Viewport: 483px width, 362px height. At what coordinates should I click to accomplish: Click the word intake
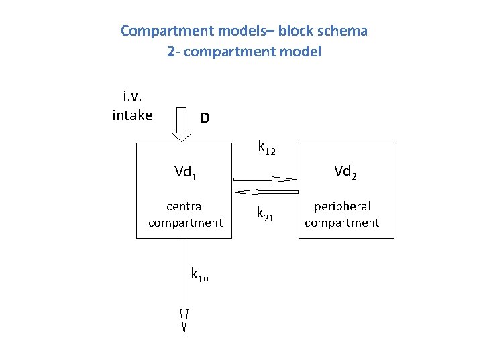click(x=132, y=115)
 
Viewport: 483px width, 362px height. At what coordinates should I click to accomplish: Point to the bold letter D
click(x=205, y=118)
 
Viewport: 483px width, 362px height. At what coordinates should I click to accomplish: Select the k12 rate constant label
click(x=267, y=147)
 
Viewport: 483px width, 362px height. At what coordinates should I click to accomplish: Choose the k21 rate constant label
click(x=265, y=214)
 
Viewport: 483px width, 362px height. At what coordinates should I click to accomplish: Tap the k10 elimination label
click(x=199, y=275)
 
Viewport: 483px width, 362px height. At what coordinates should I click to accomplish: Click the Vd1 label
click(x=185, y=173)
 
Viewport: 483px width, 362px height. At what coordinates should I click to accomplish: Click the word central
click(x=185, y=206)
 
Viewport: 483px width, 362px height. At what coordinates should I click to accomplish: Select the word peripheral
click(x=342, y=206)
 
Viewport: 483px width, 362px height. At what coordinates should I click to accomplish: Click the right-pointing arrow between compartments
click(x=265, y=180)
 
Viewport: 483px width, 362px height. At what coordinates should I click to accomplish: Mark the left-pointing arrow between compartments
click(x=265, y=191)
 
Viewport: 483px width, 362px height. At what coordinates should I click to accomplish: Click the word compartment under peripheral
click(x=342, y=223)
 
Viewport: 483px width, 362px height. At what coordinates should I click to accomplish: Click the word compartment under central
click(x=185, y=223)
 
